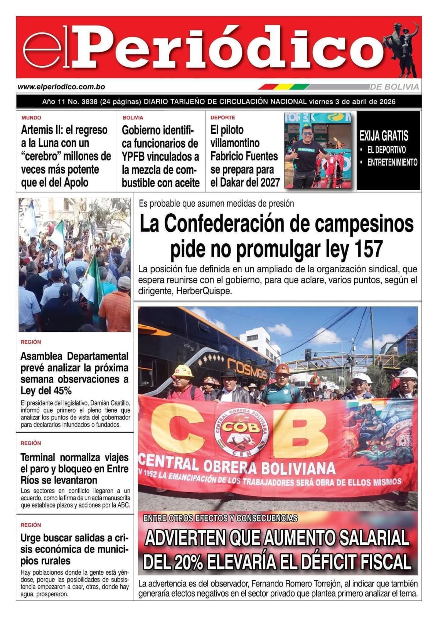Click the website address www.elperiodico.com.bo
[62, 87]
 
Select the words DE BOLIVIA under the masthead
[394, 87]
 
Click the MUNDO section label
[31, 118]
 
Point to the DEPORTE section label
[222, 118]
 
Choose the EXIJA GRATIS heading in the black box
[384, 136]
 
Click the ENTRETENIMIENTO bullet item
[392, 162]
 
